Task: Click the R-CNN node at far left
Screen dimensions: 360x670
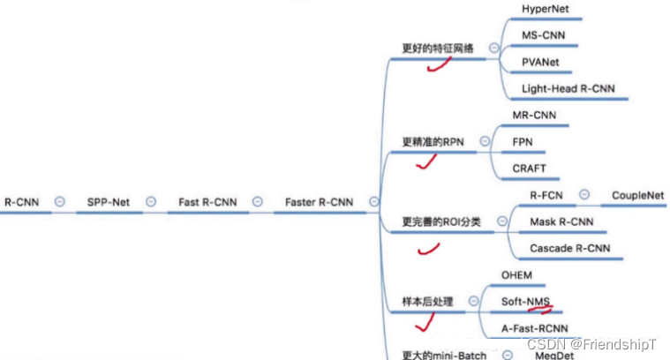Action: point(21,202)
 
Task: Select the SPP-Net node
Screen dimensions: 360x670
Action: point(108,202)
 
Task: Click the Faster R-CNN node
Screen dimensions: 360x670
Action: point(319,202)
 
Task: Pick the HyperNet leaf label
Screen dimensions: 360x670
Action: point(545,9)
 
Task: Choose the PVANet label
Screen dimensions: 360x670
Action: point(540,63)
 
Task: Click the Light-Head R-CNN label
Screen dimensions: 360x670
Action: point(568,89)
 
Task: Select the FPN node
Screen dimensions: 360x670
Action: point(523,141)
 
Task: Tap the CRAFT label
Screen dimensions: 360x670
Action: point(530,168)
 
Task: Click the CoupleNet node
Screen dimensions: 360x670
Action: point(638,195)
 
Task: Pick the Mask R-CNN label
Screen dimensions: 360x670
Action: point(561,221)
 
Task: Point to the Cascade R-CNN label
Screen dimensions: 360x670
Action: point(569,248)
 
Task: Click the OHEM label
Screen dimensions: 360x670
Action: point(516,275)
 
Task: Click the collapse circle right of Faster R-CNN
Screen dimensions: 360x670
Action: point(374,202)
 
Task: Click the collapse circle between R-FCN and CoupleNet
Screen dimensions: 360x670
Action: point(584,195)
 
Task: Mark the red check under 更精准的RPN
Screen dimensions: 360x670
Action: point(427,161)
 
